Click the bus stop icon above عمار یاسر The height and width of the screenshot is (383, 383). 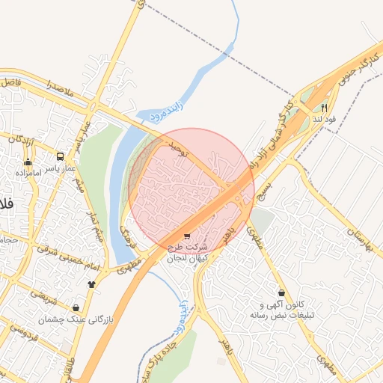tap(59, 157)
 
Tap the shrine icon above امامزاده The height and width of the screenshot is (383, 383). tap(28, 162)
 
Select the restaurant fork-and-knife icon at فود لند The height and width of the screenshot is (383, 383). tap(324, 108)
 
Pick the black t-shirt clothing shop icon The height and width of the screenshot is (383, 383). tap(92, 284)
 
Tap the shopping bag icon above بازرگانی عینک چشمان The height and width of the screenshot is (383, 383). tap(76, 307)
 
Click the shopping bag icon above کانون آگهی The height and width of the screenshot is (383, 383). tap(281, 293)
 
